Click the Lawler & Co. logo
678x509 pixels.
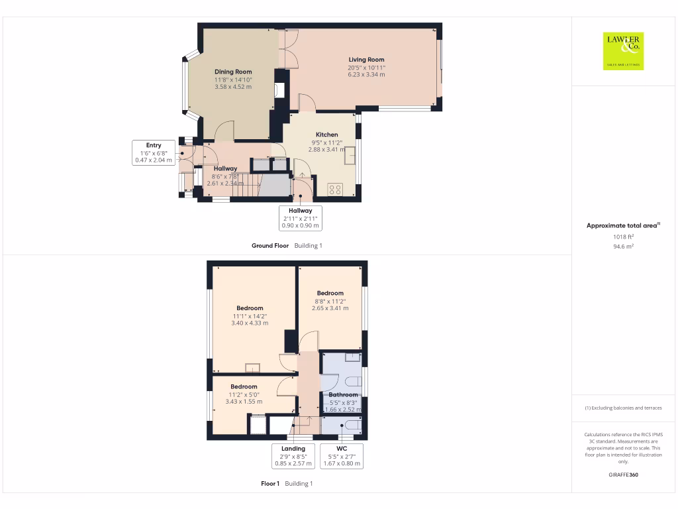pyautogui.click(x=623, y=51)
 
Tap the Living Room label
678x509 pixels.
pyautogui.click(x=366, y=60)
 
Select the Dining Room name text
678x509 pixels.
pyautogui.click(x=233, y=72)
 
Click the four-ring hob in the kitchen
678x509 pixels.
pyautogui.click(x=335, y=190)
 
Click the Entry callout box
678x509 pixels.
pyautogui.click(x=154, y=152)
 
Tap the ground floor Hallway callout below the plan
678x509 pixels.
pyautogui.click(x=300, y=218)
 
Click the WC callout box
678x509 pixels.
pyautogui.click(x=342, y=456)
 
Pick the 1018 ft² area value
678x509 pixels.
pyautogui.click(x=622, y=237)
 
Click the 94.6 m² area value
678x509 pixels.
pyautogui.click(x=622, y=246)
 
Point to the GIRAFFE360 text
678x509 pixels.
pyautogui.click(x=623, y=475)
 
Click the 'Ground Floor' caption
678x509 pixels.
pyautogui.click(x=270, y=246)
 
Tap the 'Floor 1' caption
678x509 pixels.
pyautogui.click(x=270, y=484)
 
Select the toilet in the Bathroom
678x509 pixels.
pyautogui.click(x=350, y=382)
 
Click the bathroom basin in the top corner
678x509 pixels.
pyautogui.click(x=352, y=357)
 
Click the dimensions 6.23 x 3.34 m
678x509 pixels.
pyautogui.click(x=366, y=75)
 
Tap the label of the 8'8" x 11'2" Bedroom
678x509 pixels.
pyautogui.click(x=330, y=293)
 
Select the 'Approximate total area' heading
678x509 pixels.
pyautogui.click(x=621, y=226)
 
